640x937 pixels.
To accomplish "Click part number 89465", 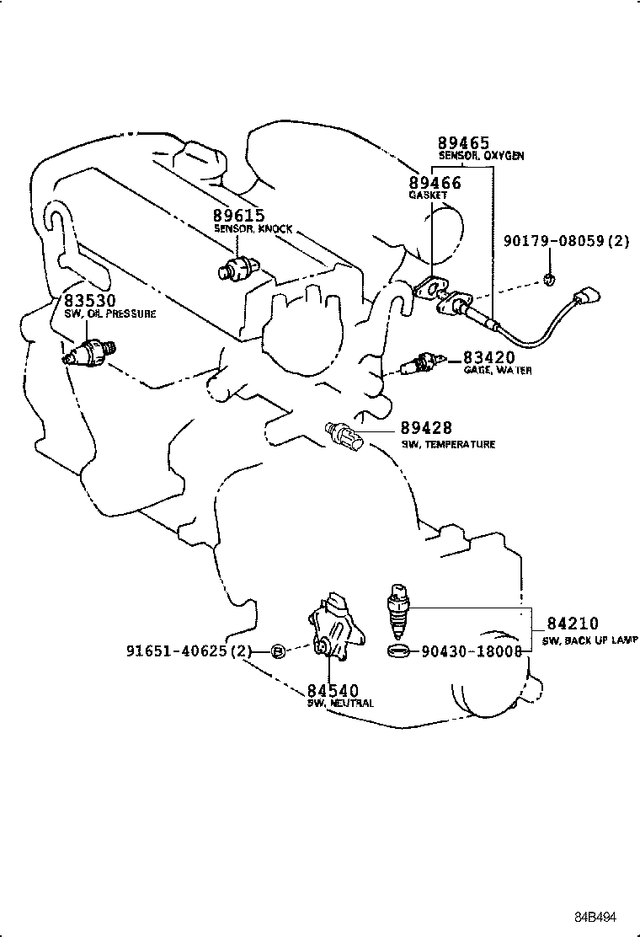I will (462, 142).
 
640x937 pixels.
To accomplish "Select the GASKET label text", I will (428, 195).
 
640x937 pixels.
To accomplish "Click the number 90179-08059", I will (557, 241).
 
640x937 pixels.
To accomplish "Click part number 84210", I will (573, 624).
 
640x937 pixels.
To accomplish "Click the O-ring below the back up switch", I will (400, 651).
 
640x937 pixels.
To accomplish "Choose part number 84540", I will (333, 691).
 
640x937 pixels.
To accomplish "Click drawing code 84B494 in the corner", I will (599, 917).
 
